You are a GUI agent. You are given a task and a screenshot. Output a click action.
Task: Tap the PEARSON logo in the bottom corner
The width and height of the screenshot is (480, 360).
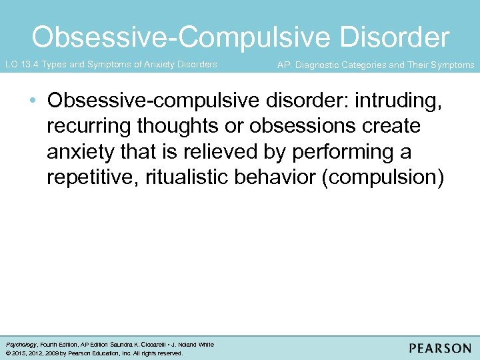[440, 348]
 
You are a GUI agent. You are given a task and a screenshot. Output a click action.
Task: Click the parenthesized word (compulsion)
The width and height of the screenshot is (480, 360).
[381, 177]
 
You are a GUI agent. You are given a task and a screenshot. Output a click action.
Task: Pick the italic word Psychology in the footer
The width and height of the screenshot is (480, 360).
[20, 345]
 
